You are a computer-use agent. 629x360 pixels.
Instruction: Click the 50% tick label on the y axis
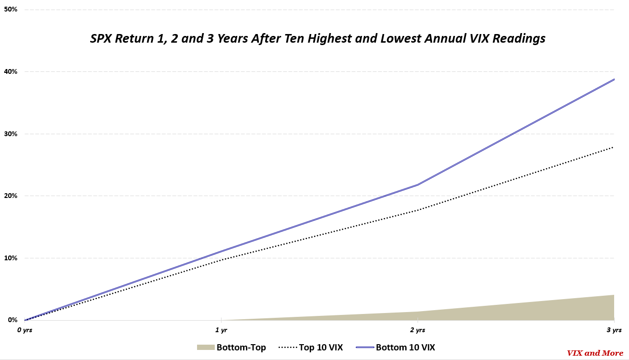11,10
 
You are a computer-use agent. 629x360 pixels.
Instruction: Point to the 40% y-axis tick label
11,72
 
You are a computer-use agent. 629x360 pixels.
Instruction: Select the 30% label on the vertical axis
11,134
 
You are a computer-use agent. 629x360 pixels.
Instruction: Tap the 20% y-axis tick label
11,196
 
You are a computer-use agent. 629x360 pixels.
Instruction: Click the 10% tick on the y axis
11,258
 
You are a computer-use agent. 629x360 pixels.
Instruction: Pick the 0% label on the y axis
12,320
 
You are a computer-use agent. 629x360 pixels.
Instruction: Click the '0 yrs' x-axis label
25,330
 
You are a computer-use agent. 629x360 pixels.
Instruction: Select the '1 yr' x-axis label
221,330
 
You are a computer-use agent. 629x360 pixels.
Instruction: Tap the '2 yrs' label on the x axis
417,330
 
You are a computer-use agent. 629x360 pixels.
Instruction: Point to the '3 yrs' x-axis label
614,330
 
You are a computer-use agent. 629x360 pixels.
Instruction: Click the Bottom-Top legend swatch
205,348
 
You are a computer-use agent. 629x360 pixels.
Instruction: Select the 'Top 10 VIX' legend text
321,348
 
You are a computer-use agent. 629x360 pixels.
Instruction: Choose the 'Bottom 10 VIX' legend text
405,348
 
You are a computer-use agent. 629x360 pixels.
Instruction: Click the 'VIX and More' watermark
595,353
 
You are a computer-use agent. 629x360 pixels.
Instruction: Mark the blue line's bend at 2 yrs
418,185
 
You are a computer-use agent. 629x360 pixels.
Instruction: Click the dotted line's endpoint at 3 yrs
613,147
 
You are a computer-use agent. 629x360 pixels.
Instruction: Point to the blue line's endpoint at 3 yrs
614,79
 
